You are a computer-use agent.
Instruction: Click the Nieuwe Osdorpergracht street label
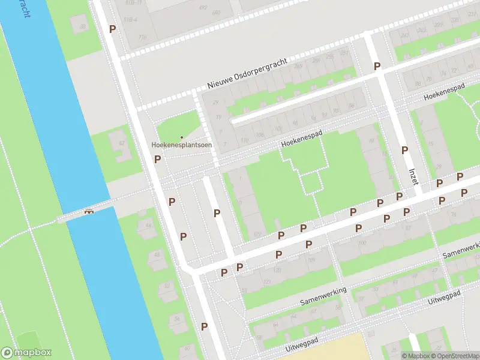[248, 74]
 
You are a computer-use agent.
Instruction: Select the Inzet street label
[413, 176]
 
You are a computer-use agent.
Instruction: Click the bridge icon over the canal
[89, 211]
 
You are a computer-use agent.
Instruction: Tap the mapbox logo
[26, 353]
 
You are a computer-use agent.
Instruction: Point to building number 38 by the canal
[83, 26]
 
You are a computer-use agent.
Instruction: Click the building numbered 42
[122, 143]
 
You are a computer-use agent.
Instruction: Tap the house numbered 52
[167, 286]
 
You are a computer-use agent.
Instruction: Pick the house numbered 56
[178, 319]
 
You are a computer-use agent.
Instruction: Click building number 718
[142, 37]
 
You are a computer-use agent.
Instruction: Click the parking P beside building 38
[112, 29]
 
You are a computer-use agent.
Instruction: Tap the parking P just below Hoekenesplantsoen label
[157, 159]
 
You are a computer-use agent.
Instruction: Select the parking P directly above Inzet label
[404, 150]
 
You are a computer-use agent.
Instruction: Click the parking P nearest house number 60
[205, 326]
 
